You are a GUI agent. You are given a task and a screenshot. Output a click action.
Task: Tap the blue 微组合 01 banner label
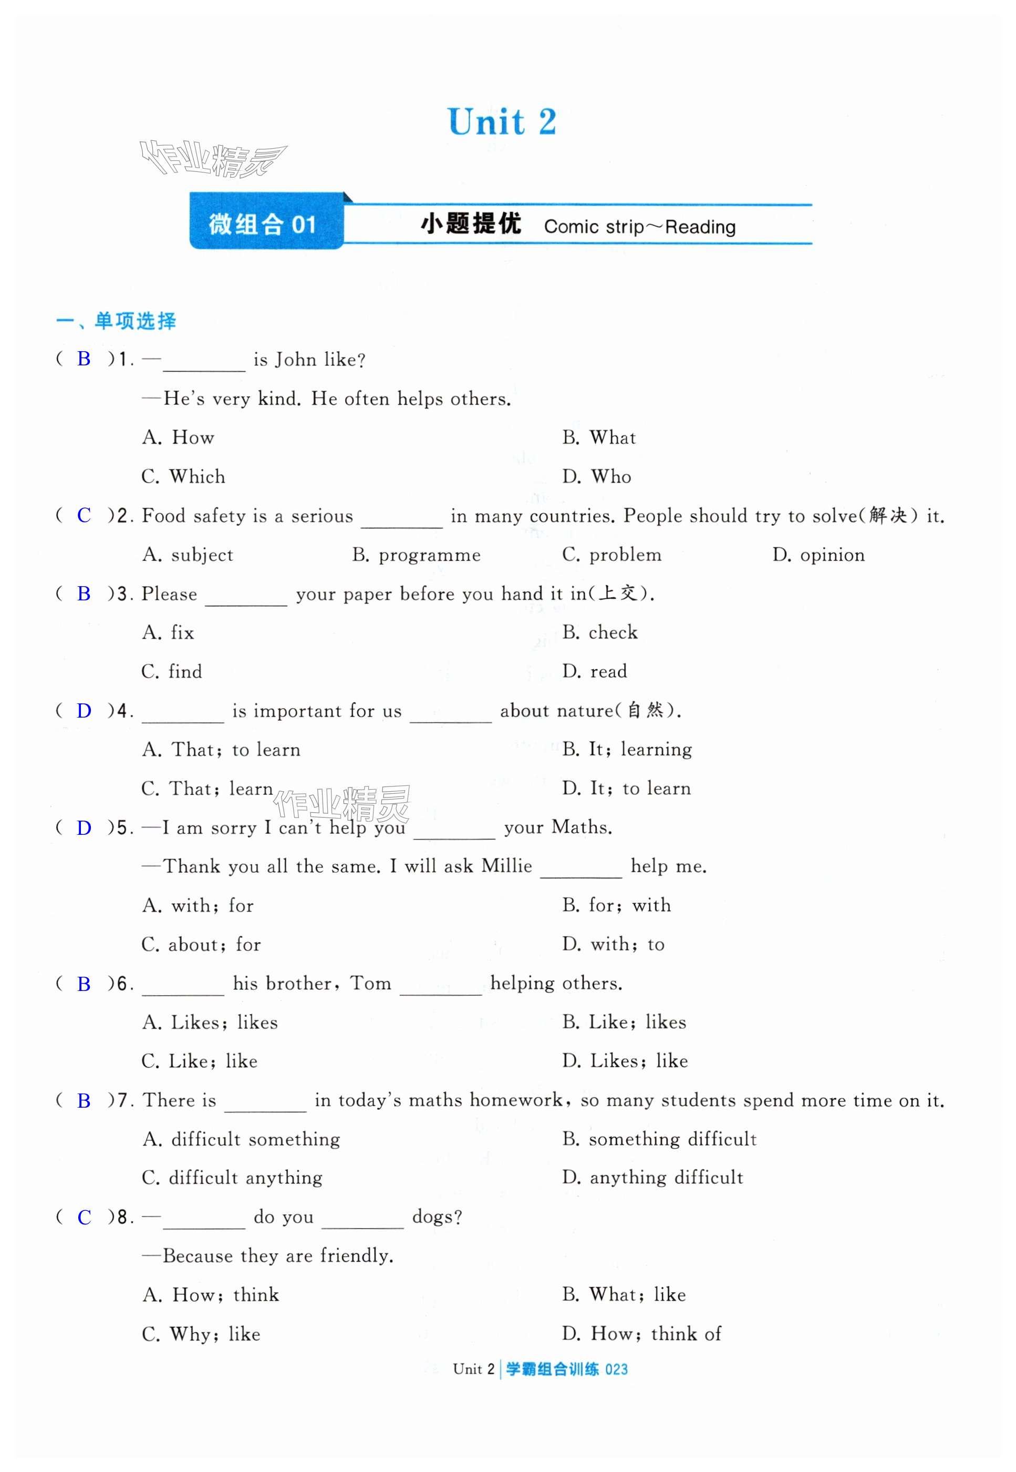point(262,224)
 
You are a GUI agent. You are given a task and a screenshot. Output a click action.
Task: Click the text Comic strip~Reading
point(639,227)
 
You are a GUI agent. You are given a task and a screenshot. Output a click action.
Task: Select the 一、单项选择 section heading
point(117,321)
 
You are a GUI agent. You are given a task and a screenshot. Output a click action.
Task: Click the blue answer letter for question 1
point(84,359)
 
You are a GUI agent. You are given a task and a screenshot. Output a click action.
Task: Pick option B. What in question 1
point(599,437)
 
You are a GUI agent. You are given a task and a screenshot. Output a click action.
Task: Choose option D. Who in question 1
point(596,476)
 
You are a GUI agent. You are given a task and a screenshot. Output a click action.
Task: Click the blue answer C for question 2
point(84,515)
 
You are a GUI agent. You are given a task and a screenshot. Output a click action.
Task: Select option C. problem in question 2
point(612,555)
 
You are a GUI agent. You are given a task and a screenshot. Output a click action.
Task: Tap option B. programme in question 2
point(417,555)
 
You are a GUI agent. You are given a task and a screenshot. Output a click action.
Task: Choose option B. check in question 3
point(599,632)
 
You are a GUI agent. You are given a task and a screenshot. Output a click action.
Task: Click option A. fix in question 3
point(168,632)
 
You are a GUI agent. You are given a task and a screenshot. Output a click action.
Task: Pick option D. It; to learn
point(626,789)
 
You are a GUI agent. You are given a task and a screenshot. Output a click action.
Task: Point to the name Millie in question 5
point(507,866)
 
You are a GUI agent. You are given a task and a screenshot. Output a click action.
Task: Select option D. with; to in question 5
point(613,944)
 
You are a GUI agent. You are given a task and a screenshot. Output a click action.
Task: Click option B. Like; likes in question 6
point(624,1023)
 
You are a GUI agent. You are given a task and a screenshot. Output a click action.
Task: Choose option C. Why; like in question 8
point(201,1334)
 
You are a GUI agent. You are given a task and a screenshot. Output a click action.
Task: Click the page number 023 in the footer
point(616,1369)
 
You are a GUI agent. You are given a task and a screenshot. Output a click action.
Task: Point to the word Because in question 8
point(198,1256)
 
